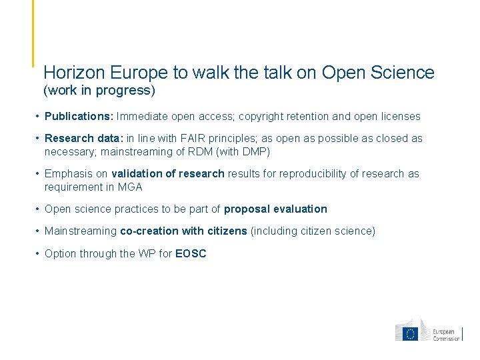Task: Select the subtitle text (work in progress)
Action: (99, 89)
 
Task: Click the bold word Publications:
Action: (79, 117)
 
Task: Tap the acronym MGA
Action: (130, 187)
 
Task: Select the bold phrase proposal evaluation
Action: (275, 209)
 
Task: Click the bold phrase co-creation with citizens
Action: (183, 231)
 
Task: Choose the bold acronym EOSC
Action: (191, 253)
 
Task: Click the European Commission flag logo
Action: (410, 331)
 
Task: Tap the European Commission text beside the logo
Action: (446, 335)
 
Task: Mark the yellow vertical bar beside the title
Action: (33, 33)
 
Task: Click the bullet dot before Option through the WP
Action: (38, 253)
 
